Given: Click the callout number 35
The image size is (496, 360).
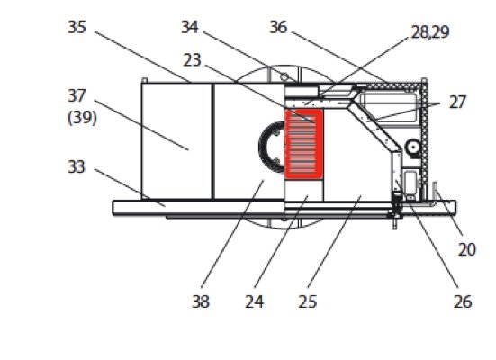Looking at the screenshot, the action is click(77, 27).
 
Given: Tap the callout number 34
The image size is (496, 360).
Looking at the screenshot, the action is click(190, 27).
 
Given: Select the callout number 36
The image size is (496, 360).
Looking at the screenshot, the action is click(278, 27).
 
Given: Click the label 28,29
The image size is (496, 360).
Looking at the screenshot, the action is click(430, 32).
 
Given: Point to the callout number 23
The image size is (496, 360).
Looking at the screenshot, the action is click(192, 60).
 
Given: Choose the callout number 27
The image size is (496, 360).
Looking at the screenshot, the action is click(457, 103).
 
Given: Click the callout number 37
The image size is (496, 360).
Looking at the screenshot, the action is click(77, 95).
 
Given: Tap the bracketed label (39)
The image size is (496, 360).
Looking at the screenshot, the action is click(82, 118).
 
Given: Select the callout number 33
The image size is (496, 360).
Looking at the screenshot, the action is click(77, 166).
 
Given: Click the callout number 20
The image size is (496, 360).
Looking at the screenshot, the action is click(467, 250).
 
